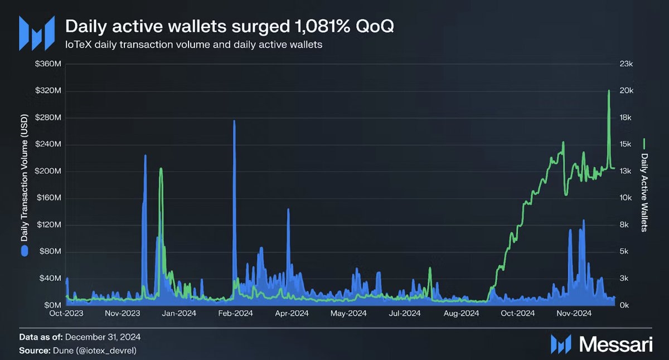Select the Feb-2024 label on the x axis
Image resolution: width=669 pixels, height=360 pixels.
coord(236,313)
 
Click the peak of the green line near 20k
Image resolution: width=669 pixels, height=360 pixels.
coord(609,90)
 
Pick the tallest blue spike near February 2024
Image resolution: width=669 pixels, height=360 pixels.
coord(234,121)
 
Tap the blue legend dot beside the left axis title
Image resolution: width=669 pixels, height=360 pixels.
coord(25,251)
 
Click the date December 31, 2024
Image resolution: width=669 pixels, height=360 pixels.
coord(103,337)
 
